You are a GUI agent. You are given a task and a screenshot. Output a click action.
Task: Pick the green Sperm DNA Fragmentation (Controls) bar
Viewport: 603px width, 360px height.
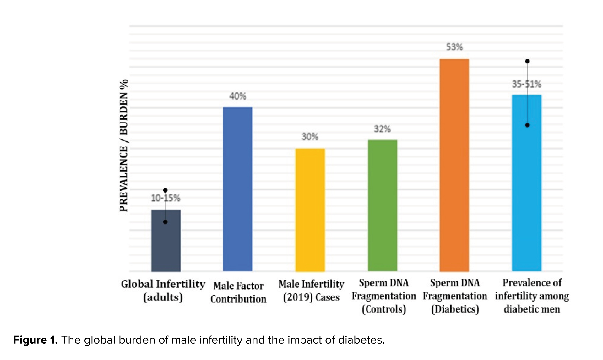coord(383,205)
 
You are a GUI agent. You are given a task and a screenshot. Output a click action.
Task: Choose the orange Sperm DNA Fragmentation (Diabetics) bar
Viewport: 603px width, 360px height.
coord(454,165)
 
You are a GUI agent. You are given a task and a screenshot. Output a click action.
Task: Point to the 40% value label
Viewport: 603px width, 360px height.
coord(238,96)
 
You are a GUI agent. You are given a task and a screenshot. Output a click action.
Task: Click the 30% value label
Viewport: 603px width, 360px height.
coord(310,137)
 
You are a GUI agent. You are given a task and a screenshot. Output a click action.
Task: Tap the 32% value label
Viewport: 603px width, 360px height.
coord(382,129)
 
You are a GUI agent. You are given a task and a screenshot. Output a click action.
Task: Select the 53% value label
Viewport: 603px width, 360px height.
coord(454,47)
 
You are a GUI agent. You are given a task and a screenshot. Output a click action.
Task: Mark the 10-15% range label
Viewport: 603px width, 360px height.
coord(166,198)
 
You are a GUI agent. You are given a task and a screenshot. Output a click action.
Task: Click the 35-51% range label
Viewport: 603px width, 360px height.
coord(527,84)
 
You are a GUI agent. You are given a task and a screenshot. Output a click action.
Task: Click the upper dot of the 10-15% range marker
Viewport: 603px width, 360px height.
coord(166,190)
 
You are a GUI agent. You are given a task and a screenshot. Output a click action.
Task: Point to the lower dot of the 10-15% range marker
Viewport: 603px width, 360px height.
coord(166,222)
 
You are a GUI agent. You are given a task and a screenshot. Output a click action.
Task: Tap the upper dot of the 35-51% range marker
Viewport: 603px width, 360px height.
coord(527,61)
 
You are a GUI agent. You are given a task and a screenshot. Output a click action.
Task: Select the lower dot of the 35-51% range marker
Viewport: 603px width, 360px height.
coord(527,125)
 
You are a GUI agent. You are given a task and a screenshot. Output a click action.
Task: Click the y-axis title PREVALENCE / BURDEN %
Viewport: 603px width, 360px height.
coord(123,145)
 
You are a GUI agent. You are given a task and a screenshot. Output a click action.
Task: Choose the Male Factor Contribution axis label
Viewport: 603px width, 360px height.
coord(238,292)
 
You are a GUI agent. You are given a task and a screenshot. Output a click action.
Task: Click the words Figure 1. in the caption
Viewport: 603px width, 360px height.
coord(35,340)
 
